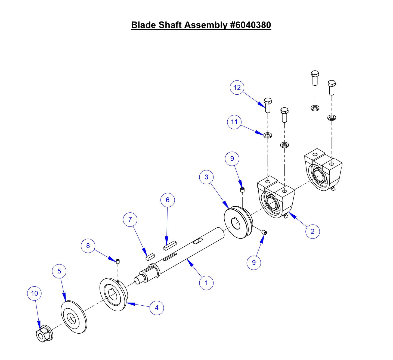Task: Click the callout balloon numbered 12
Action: point(237,88)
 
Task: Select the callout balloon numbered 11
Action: point(234,122)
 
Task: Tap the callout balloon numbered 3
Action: point(206,177)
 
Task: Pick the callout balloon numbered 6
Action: point(168,200)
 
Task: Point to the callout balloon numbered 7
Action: point(130,219)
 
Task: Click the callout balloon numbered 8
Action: point(88,246)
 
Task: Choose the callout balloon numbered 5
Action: point(59,271)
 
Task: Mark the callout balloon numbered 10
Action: point(35,293)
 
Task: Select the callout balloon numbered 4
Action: point(157,308)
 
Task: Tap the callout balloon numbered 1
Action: point(206,283)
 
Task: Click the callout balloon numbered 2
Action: point(312,231)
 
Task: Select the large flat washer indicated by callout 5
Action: point(73,317)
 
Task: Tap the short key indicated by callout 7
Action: point(150,257)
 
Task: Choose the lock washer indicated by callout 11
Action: point(268,135)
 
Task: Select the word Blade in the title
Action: point(144,25)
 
